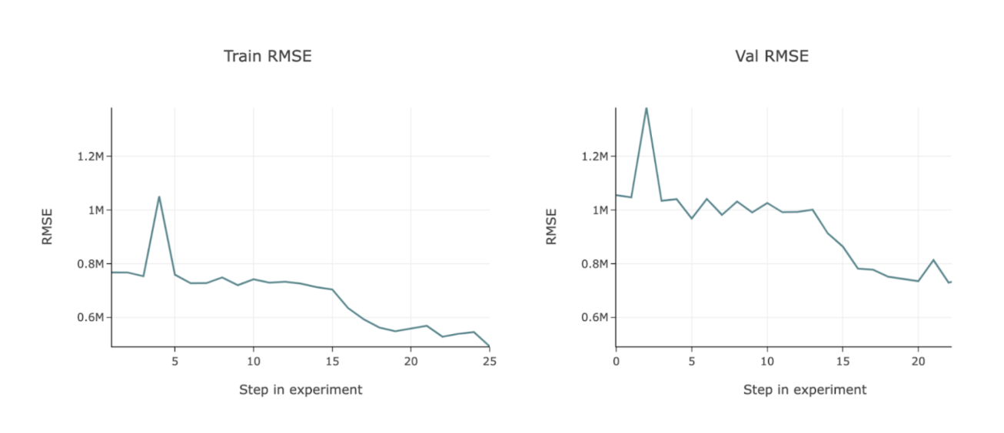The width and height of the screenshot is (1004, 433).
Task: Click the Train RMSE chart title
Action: (268, 56)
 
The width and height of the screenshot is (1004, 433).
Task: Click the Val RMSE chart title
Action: (771, 56)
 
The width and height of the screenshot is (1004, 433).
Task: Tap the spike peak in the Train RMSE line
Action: (159, 197)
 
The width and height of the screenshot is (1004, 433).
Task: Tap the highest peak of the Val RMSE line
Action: (646, 108)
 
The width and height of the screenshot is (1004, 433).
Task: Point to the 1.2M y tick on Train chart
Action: (90, 157)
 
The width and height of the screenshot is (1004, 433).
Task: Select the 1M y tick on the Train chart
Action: (95, 210)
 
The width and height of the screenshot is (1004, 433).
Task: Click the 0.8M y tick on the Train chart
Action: (90, 264)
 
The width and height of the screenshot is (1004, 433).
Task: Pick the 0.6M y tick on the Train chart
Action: (90, 318)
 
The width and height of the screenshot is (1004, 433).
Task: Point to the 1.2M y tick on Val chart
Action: (594, 157)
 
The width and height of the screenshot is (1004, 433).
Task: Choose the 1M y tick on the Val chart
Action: (600, 210)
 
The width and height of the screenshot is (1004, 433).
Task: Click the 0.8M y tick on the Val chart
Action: (594, 264)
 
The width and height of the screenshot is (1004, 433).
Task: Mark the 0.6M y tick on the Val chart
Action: (594, 318)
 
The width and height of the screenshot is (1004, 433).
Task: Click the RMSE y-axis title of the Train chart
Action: (48, 227)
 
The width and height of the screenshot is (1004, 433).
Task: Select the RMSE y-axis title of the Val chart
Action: (551, 227)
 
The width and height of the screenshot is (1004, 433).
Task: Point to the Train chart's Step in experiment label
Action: (301, 390)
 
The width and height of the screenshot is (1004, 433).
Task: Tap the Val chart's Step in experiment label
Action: (804, 390)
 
